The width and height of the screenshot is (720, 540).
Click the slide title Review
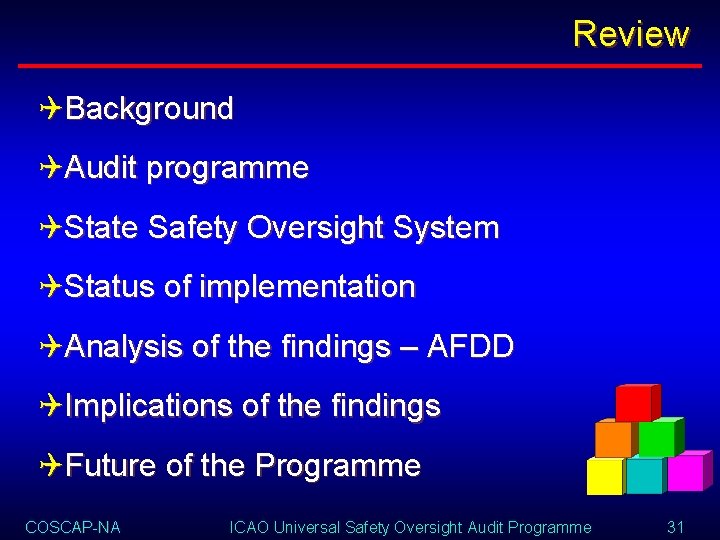(x=631, y=34)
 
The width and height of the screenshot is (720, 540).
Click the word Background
(x=149, y=109)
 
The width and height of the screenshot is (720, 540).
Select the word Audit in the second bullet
(x=100, y=168)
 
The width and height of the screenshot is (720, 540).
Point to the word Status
(x=109, y=287)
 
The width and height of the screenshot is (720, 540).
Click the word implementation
(x=307, y=287)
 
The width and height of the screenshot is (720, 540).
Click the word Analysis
(x=123, y=347)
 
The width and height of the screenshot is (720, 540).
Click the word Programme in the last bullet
(x=338, y=465)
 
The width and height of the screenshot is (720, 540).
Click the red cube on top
(x=634, y=403)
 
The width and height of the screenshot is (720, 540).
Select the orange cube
(x=613, y=438)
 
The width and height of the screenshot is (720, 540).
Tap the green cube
(x=657, y=438)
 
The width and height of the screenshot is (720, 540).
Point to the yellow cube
(x=604, y=476)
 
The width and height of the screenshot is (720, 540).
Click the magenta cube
(x=686, y=472)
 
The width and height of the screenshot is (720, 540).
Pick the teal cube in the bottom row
(x=645, y=476)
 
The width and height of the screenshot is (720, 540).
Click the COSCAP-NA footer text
(x=73, y=527)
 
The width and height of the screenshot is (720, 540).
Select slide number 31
(x=675, y=527)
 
